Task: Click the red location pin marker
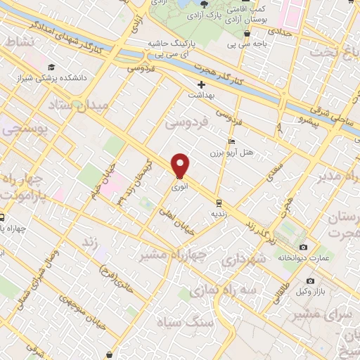[x=181, y=166]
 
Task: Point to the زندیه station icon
[x=218, y=201]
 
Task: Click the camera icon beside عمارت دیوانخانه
[x=303, y=247]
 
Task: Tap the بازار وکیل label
[x=311, y=290]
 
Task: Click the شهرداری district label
[x=241, y=259]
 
